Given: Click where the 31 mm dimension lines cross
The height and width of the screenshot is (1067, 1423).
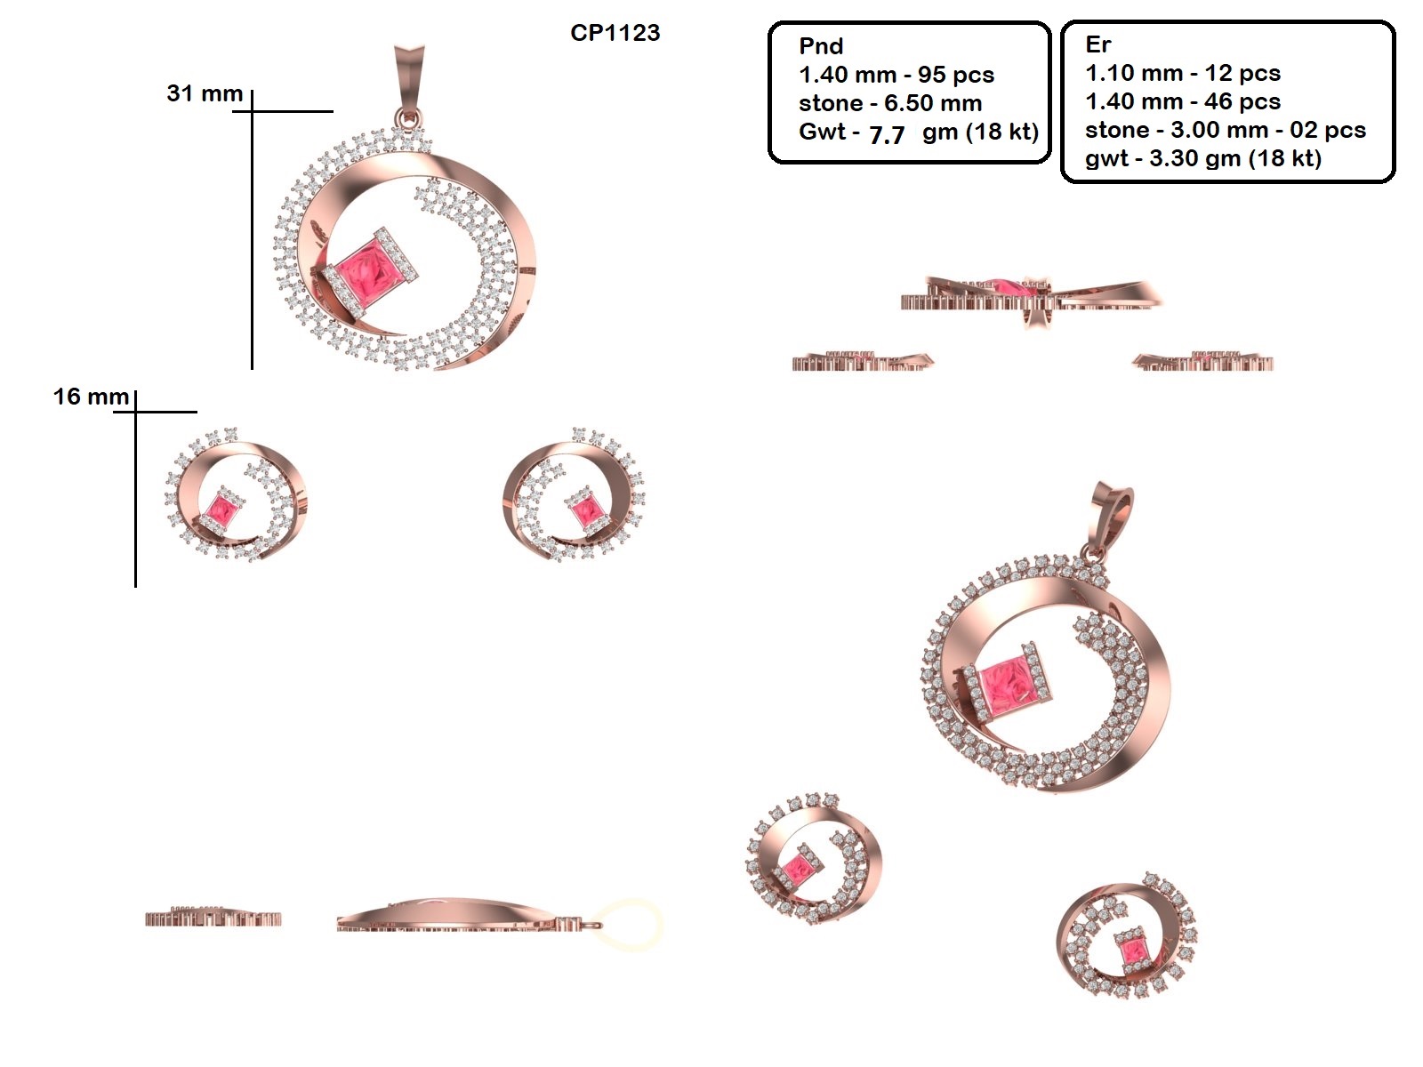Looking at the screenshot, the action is tap(252, 111).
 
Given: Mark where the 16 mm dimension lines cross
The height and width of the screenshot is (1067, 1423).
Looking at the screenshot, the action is tap(135, 412).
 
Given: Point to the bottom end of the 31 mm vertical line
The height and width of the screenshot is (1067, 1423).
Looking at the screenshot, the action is tap(252, 369).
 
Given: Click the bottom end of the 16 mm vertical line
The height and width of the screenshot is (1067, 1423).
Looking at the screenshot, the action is tap(135, 587).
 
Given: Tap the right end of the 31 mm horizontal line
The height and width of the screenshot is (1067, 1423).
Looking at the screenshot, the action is tap(334, 111).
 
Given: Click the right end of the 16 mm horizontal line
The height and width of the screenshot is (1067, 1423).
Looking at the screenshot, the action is tap(197, 412).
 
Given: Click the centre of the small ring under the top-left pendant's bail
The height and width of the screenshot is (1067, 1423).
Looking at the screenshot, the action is tap(408, 118).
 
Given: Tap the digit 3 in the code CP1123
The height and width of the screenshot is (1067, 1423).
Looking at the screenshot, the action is tap(652, 33).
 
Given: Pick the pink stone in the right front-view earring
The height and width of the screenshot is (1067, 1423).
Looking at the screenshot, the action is tap(587, 512).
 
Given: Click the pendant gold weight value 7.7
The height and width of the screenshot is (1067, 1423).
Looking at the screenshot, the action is tap(886, 135).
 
